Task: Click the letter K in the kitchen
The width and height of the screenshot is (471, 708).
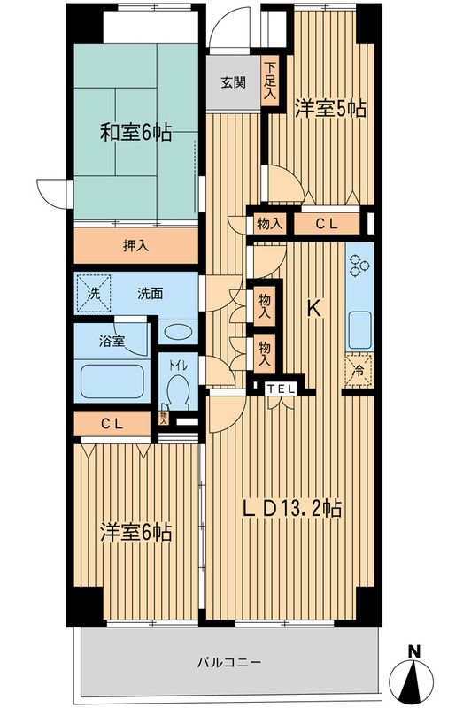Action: pyautogui.click(x=313, y=309)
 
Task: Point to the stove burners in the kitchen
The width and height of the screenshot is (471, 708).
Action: pyautogui.click(x=360, y=266)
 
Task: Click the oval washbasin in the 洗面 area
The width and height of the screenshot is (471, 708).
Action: pyautogui.click(x=180, y=334)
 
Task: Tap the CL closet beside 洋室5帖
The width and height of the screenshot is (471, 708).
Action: pyautogui.click(x=326, y=225)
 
